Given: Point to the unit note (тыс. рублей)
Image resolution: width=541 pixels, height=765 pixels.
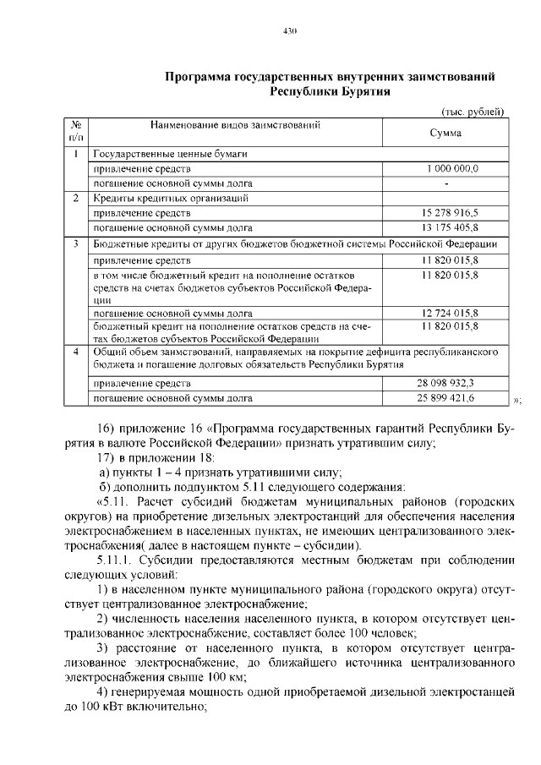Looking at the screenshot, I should pos(473,112).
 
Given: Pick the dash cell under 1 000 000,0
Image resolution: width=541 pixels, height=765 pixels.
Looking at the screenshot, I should pos(445,183).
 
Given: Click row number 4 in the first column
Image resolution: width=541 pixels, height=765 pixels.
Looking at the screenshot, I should pos(76,350).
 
